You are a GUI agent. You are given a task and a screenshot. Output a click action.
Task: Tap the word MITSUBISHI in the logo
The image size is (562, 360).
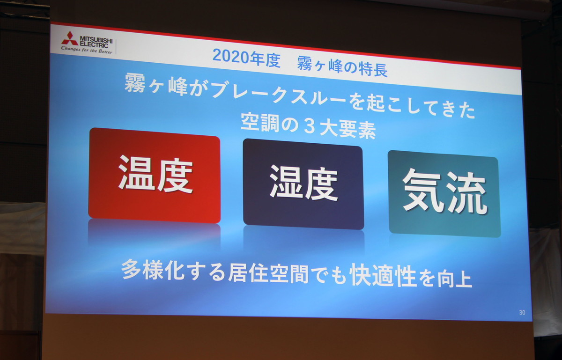pyautogui.click(x=96, y=40)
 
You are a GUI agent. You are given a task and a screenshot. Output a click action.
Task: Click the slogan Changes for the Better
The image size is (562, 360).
pyautogui.click(x=87, y=50)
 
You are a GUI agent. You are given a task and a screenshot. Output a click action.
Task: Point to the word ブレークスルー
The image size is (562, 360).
pyautogui.click(x=279, y=93)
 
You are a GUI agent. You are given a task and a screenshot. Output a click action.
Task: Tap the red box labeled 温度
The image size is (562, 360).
pyautogui.click(x=154, y=176)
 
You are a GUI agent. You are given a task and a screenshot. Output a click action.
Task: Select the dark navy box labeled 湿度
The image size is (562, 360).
pyautogui.click(x=303, y=184)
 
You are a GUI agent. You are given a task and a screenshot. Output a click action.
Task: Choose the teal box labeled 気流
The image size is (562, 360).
pyautogui.click(x=444, y=194)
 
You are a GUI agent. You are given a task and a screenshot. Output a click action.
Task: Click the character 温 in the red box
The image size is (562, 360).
pyautogui.click(x=137, y=172)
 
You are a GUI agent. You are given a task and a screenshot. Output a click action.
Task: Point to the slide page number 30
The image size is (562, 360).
pyautogui.click(x=522, y=313)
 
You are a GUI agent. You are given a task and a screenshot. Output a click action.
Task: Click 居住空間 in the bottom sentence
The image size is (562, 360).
pyautogui.click(x=268, y=272)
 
